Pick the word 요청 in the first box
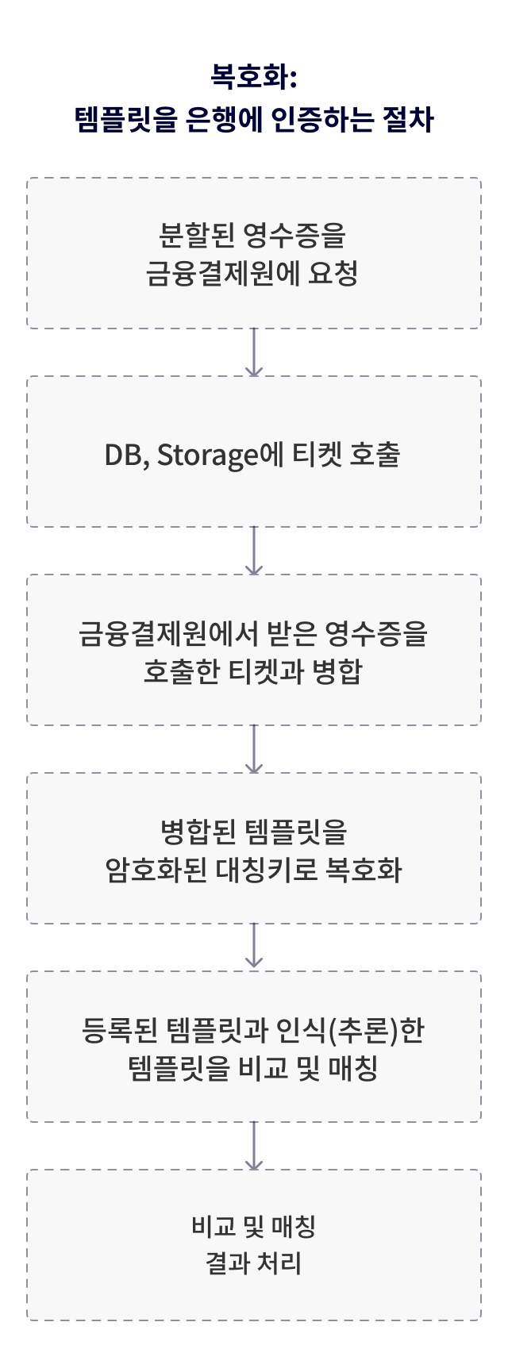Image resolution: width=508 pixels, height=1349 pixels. (337, 274)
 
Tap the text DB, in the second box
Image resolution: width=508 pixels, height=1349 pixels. (127, 455)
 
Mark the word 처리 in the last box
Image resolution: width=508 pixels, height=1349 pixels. (280, 1263)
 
